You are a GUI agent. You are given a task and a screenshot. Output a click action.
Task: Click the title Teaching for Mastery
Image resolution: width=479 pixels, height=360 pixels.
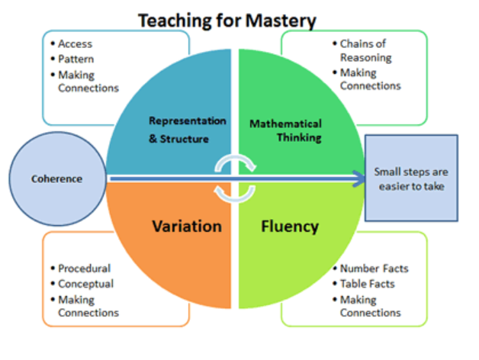(x=227, y=19)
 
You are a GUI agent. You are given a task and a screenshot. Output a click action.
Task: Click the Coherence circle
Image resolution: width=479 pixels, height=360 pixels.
(x=56, y=179)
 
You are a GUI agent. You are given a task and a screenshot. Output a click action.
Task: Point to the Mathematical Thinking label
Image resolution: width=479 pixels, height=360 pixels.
(x=286, y=130)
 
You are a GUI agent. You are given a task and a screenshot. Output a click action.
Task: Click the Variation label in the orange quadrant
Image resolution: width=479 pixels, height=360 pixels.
(x=187, y=227)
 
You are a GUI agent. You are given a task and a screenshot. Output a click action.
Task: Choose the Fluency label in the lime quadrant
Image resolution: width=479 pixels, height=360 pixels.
(x=289, y=227)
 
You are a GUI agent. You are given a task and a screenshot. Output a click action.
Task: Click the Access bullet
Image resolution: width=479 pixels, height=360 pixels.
(x=76, y=43)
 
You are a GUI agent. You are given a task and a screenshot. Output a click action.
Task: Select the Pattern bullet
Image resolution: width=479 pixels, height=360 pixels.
(x=77, y=59)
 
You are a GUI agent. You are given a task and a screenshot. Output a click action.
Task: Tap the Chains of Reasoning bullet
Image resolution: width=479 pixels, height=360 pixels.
(x=365, y=51)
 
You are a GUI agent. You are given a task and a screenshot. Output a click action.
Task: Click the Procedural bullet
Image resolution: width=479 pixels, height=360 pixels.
(x=85, y=268)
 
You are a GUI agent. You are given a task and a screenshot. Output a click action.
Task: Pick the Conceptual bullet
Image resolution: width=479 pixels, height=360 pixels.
(x=86, y=284)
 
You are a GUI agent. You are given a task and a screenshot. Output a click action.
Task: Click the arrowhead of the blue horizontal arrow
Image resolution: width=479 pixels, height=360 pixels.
(x=358, y=179)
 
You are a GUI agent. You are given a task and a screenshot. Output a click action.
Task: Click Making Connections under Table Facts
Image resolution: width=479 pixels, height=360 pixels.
(x=370, y=306)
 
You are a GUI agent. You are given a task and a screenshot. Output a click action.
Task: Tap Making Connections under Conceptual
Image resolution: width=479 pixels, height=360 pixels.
(x=88, y=306)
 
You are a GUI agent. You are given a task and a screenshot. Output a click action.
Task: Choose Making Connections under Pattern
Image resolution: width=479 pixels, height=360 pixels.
(x=88, y=81)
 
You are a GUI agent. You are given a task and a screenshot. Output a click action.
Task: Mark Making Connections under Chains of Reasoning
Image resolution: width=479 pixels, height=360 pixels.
(x=370, y=79)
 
